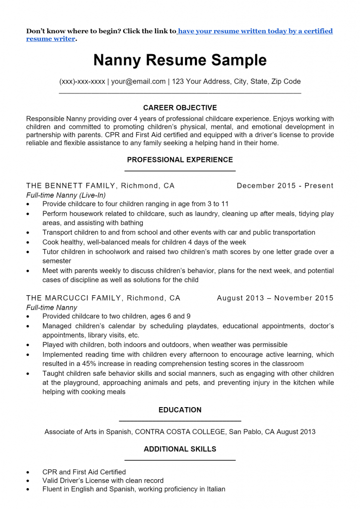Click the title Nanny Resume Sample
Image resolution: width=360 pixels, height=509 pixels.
(x=180, y=60)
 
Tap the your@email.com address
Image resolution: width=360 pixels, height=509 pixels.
(x=138, y=82)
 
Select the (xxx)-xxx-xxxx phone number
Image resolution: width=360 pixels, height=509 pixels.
(x=82, y=82)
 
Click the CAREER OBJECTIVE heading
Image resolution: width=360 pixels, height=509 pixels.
(x=180, y=108)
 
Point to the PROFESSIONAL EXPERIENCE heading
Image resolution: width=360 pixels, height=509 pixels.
(x=180, y=160)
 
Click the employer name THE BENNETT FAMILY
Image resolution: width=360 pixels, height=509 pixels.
(x=71, y=186)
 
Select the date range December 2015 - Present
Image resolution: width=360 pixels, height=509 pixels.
(x=285, y=186)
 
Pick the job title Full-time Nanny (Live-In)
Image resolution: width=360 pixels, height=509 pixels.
(x=66, y=195)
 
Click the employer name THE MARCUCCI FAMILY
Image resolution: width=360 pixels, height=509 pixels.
(x=74, y=298)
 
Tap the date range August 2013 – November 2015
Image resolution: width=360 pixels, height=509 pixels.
(x=275, y=298)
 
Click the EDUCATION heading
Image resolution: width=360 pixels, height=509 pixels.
(x=180, y=410)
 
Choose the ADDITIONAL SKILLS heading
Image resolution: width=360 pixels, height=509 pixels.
(x=180, y=449)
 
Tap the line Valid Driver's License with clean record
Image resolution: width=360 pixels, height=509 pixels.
(x=103, y=481)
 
